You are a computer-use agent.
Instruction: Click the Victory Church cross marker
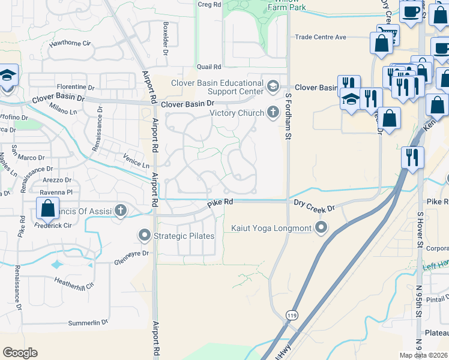click(x=273, y=112)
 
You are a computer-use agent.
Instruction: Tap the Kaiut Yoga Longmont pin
click(x=322, y=227)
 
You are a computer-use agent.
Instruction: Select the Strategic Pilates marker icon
click(x=144, y=236)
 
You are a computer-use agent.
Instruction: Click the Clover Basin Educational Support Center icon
click(x=273, y=86)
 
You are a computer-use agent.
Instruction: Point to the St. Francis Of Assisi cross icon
click(x=121, y=211)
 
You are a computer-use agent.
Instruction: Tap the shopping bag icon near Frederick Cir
click(x=47, y=209)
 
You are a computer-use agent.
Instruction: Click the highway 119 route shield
click(x=291, y=316)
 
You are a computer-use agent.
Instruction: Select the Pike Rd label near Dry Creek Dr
click(x=220, y=203)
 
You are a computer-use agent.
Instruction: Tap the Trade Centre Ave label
click(x=321, y=37)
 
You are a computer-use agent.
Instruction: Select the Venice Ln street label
click(x=136, y=161)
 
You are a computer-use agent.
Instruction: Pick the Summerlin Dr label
click(x=87, y=322)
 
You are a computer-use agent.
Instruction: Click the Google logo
click(x=20, y=353)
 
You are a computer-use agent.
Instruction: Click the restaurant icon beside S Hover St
click(x=412, y=157)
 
